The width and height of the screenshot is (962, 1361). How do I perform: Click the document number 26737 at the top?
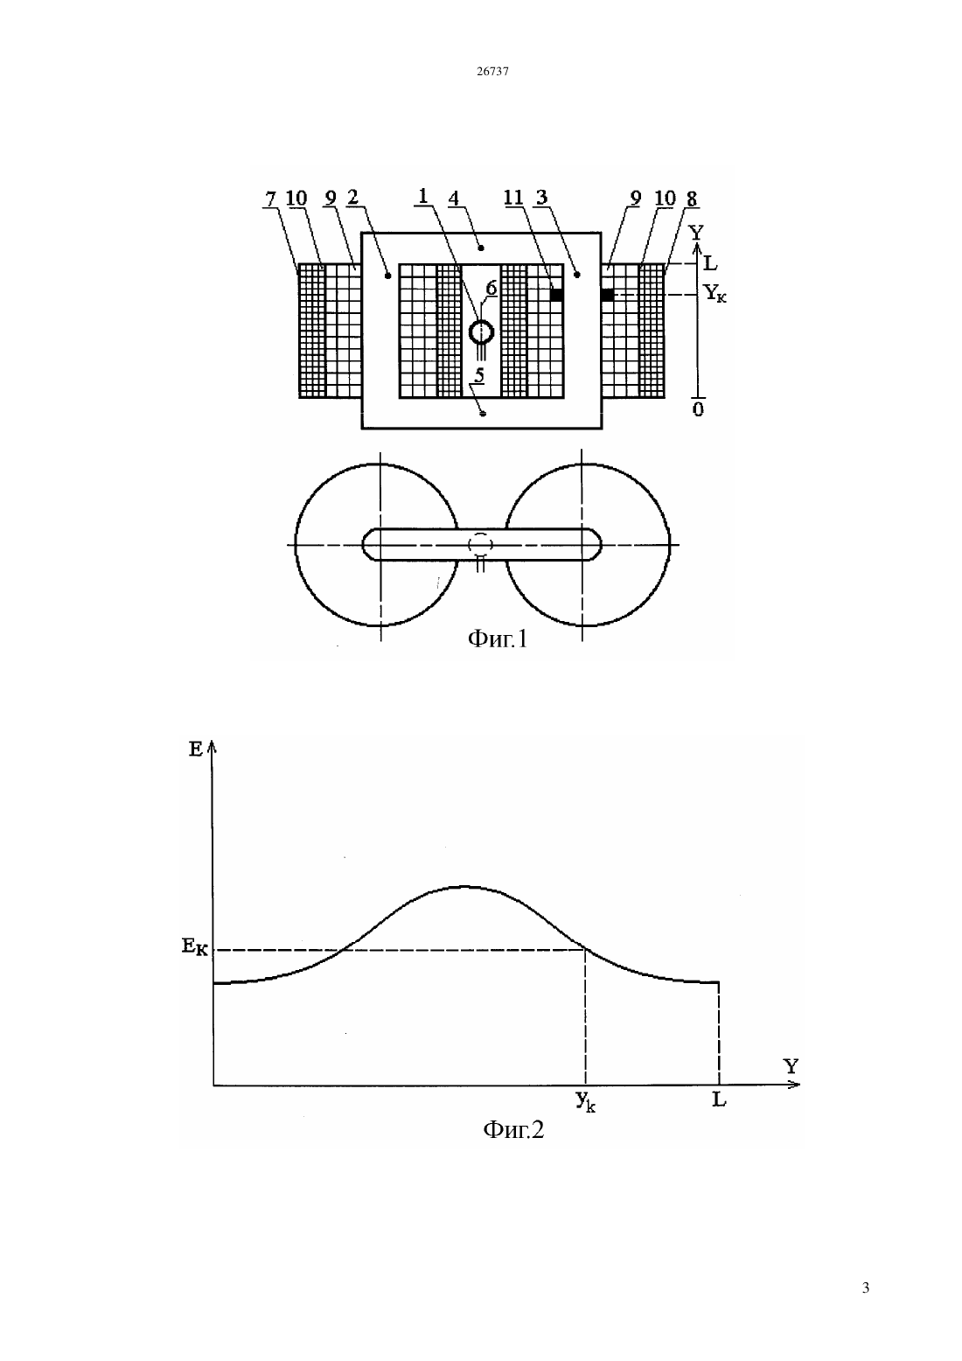(x=492, y=71)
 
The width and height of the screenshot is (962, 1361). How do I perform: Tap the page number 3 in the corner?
(x=866, y=1288)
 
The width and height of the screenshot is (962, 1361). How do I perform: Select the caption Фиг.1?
(x=498, y=639)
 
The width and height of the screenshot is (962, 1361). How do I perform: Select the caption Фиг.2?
(x=513, y=1129)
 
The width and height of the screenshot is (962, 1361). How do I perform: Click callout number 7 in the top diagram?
(x=270, y=198)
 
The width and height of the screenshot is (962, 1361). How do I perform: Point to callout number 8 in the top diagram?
(x=691, y=199)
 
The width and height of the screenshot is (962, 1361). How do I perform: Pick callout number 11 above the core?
(x=513, y=197)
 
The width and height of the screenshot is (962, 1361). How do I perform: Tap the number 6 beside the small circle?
(x=491, y=288)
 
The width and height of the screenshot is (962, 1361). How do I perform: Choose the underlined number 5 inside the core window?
(x=479, y=375)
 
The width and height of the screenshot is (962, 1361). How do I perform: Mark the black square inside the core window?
(x=556, y=295)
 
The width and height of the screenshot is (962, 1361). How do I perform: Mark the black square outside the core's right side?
(x=607, y=295)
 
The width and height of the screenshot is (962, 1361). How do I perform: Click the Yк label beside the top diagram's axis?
(x=715, y=294)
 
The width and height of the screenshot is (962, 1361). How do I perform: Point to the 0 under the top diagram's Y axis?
(x=699, y=409)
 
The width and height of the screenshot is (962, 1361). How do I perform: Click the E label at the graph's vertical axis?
(x=196, y=750)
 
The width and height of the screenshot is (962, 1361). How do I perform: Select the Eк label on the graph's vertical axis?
(x=195, y=946)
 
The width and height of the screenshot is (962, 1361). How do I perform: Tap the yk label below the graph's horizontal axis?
(x=585, y=1101)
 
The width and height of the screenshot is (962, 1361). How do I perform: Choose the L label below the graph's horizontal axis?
(x=719, y=1099)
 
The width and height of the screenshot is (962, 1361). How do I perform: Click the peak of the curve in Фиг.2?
(x=464, y=886)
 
